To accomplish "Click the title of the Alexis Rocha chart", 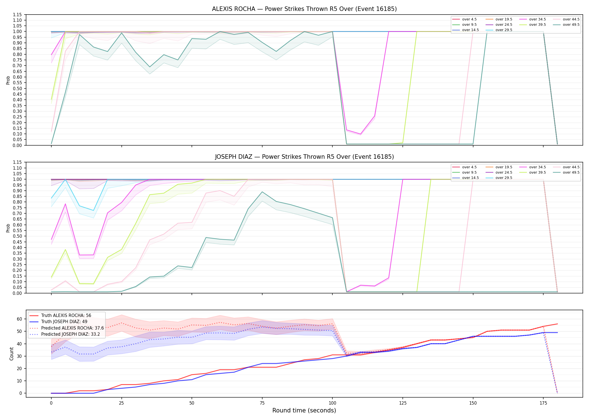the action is [304, 9].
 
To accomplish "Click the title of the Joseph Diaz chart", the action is [304, 157].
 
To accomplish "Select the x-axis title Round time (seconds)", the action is [304, 410].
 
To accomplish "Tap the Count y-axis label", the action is [11, 354].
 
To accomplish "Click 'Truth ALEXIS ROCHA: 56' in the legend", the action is [66, 316].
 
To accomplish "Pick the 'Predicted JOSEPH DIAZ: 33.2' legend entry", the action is [70, 334].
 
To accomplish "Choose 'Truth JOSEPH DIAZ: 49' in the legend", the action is [64, 322].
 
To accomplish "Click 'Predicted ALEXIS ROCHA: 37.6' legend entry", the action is [72, 328].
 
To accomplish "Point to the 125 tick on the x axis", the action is [403, 403].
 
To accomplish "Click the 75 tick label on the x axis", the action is [262, 403].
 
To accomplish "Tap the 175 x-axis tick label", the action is [543, 403].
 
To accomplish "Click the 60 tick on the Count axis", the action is [19, 319].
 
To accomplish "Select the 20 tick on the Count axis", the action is [19, 368].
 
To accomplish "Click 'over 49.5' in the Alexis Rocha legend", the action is [571, 25].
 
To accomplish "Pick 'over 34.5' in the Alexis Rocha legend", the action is [537, 19].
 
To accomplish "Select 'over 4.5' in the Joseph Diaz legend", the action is [469, 167].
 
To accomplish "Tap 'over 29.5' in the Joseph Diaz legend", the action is [504, 178].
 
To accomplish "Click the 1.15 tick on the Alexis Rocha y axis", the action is [18, 15].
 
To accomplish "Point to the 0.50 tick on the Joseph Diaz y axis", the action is [18, 236].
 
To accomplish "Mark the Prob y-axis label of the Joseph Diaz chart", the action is [8, 228].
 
